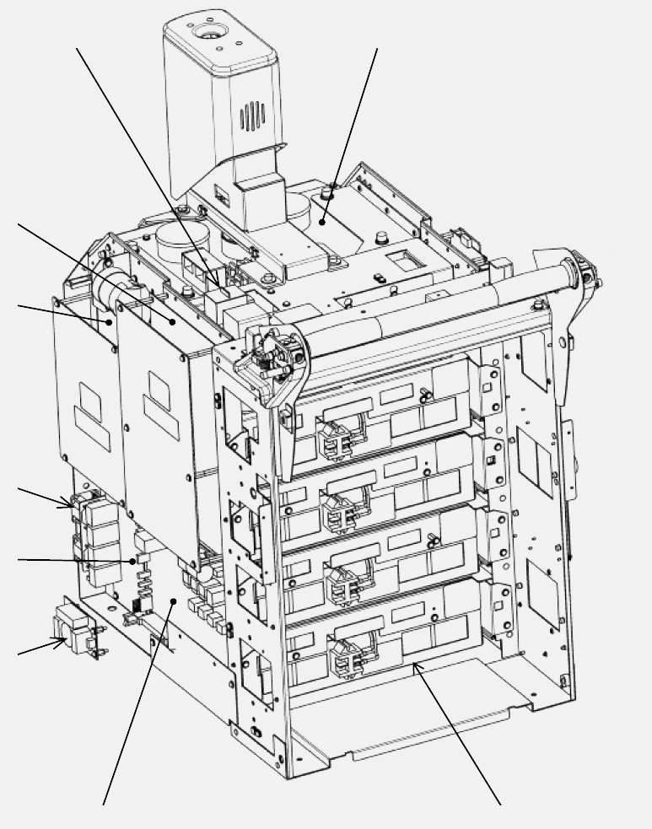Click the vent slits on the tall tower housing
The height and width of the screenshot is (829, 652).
(252, 116)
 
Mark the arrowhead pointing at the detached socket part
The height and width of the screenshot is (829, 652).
(62, 643)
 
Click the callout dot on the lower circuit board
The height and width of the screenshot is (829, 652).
(173, 601)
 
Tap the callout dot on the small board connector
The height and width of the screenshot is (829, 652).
(132, 561)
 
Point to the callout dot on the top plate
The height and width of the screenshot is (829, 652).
(323, 223)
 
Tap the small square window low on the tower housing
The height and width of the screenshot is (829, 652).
(221, 198)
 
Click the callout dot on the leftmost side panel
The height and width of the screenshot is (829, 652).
(110, 321)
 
